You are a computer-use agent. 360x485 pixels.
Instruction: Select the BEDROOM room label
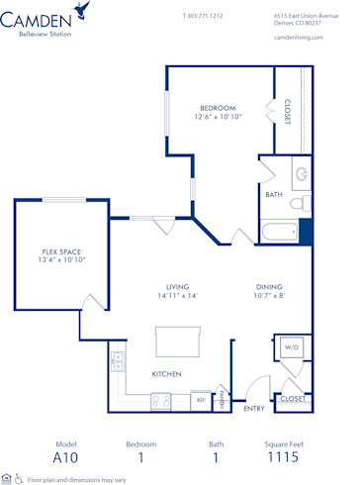coord(218,107)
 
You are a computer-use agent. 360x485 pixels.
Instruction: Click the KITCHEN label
coord(166,374)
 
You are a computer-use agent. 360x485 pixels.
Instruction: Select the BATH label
coord(274,195)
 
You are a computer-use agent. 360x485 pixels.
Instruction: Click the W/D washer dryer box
coord(292,348)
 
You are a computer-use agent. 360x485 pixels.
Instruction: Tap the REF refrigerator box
coord(200,400)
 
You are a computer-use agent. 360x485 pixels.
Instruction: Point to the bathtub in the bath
coord(279,234)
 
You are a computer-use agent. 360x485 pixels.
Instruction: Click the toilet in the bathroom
coord(303,202)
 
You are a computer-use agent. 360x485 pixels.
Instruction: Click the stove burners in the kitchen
coord(159,400)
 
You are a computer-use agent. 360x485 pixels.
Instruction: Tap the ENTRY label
coord(254,408)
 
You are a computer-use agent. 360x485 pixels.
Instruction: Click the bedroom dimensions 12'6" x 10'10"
coord(218,117)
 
